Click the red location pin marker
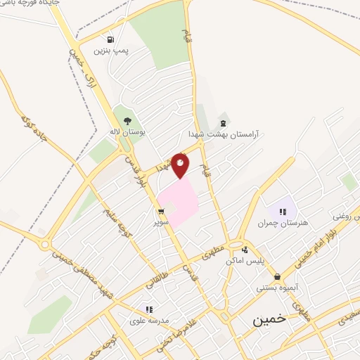[x=180, y=165]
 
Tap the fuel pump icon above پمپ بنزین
[x=110, y=39]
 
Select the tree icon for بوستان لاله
[x=127, y=120]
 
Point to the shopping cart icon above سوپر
[x=162, y=211]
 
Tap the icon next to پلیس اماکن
[x=244, y=250]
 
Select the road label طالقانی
[x=155, y=281]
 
